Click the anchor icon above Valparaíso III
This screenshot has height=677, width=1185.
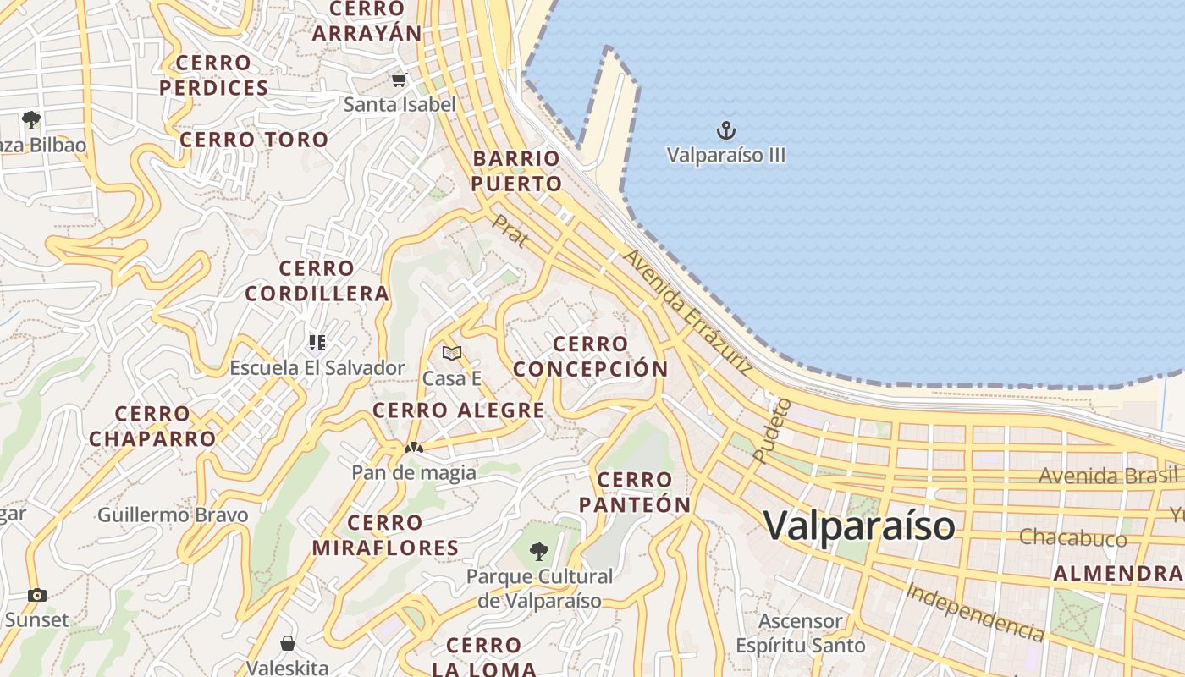pyautogui.click(x=726, y=130)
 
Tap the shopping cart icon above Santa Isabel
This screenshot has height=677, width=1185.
pyautogui.click(x=399, y=80)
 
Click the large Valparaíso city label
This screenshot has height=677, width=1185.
pyautogui.click(x=859, y=526)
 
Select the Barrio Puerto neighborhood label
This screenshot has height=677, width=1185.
pyautogui.click(x=516, y=171)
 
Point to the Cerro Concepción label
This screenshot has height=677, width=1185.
pyautogui.click(x=591, y=356)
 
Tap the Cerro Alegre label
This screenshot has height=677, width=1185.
pyautogui.click(x=459, y=410)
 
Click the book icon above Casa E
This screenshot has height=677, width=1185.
pyautogui.click(x=452, y=353)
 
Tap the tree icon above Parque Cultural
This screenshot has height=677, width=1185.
pyautogui.click(x=538, y=553)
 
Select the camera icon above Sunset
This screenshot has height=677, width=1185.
pyautogui.click(x=36, y=595)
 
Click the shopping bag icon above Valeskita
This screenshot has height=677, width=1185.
pyautogui.click(x=288, y=643)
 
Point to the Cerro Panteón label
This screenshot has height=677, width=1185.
pyautogui.click(x=635, y=493)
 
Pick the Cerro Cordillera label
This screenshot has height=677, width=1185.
pyautogui.click(x=317, y=281)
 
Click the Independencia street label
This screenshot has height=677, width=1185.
pyautogui.click(x=974, y=611)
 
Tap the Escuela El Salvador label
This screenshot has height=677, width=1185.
pyautogui.click(x=317, y=368)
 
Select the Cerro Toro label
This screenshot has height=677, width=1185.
pyautogui.click(x=254, y=140)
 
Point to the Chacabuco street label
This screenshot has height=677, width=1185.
pyautogui.click(x=1072, y=537)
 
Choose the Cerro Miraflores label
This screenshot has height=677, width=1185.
pyautogui.click(x=386, y=535)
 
